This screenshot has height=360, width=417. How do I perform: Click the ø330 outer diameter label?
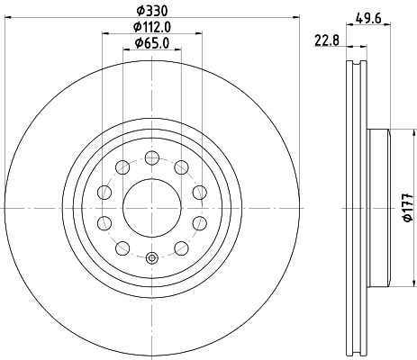pyautogui.click(x=151, y=11)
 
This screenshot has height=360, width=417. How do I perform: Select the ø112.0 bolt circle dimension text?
pyautogui.click(x=151, y=26)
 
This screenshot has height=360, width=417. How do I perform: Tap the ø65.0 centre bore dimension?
pyautogui.click(x=151, y=42)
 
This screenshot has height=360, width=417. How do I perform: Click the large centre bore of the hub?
pyautogui.click(x=151, y=206)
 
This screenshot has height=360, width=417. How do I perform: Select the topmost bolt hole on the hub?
pyautogui.click(x=151, y=157)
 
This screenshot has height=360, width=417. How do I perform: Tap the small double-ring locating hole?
pyautogui.click(x=151, y=260)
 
